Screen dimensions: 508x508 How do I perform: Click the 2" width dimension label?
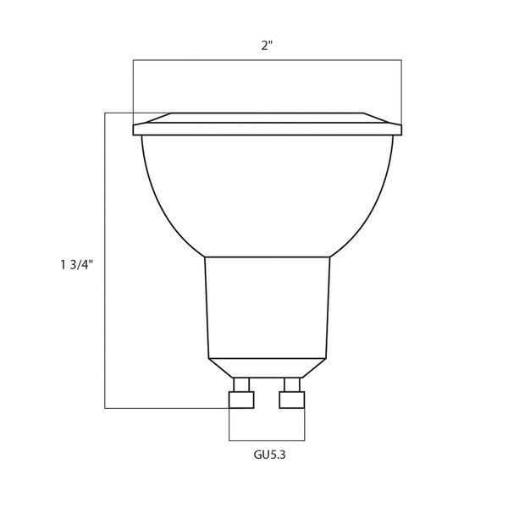pyautogui.click(x=267, y=47)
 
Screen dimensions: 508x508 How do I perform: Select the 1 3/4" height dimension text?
pyautogui.click(x=75, y=263)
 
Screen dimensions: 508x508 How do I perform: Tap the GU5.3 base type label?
pyautogui.click(x=267, y=455)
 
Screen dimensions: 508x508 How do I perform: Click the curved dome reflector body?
pyautogui.click(x=267, y=195)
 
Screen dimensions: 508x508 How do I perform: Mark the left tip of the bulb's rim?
pyautogui.click(x=135, y=130)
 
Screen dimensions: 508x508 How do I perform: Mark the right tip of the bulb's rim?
pyautogui.click(x=404, y=130)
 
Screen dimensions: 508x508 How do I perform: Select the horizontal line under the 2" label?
pyautogui.click(x=267, y=60)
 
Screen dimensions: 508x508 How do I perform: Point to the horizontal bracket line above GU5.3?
pyautogui.click(x=267, y=440)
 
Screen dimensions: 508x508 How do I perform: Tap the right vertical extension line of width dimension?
pyautogui.click(x=401, y=89)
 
